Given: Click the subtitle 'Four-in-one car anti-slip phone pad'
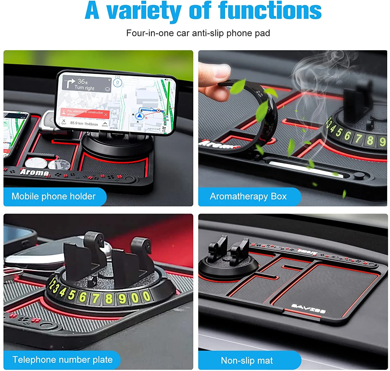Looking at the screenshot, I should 198,33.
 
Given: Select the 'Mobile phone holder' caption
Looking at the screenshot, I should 54,196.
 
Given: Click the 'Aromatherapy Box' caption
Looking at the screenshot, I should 248,196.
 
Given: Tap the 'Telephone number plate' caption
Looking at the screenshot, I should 62,360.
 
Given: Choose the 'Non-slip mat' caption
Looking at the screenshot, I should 247,360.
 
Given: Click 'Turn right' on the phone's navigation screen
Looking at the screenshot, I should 84,88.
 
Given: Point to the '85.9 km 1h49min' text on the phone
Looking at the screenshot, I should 84,123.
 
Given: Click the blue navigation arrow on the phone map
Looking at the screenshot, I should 140,116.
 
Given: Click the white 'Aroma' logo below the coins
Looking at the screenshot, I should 35,172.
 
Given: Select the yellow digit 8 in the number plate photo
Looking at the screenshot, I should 109,298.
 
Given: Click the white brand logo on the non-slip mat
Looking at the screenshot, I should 308,308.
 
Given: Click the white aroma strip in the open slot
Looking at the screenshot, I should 304,169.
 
